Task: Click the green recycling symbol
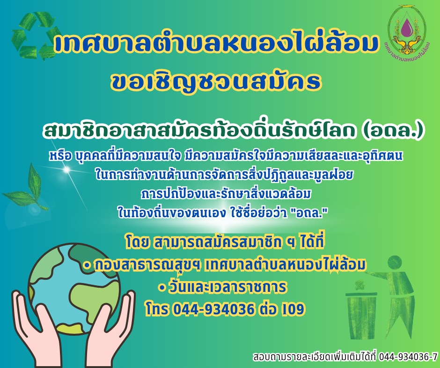point(36,35)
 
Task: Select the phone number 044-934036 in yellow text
point(213,309)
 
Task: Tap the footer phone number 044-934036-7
point(408,357)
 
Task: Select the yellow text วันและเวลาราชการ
point(227,287)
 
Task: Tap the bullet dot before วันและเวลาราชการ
point(161,288)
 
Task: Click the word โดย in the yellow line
point(138,242)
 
